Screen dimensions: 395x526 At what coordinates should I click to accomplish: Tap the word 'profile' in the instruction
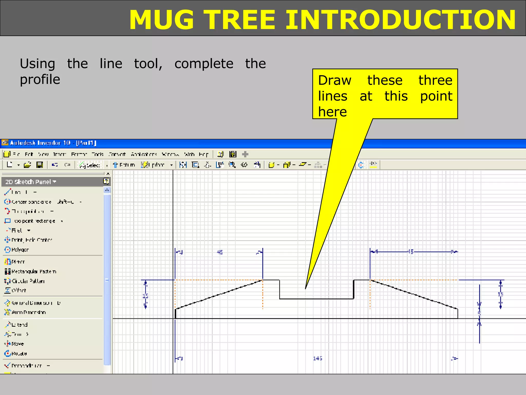coord(40,79)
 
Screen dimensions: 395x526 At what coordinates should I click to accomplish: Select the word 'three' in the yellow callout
coord(435,80)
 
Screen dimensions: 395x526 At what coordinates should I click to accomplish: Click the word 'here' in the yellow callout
coord(332,112)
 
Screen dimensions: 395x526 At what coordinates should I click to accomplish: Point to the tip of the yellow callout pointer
coord(306,288)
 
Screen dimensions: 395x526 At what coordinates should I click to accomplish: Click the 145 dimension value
coord(317,358)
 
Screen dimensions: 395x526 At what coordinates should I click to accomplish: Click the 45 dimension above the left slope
coord(220,252)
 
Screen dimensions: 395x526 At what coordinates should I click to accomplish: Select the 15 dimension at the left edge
coord(145,296)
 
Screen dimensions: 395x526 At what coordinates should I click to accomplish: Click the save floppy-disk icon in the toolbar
coord(40,165)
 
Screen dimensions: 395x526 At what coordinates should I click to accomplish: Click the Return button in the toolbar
coord(124,165)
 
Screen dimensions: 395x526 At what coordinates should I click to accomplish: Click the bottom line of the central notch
coord(316,299)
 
